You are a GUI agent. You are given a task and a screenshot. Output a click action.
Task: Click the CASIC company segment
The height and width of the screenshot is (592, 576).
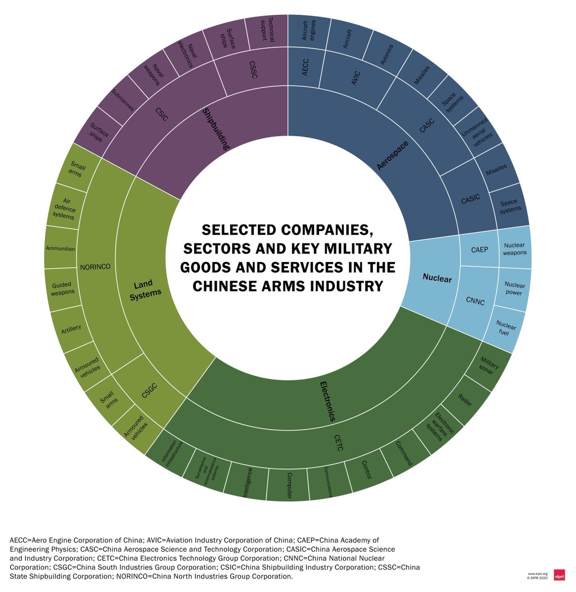pyautogui.click(x=470, y=200)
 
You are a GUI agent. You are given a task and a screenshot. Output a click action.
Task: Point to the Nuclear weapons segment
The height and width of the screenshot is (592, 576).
pyautogui.click(x=514, y=249)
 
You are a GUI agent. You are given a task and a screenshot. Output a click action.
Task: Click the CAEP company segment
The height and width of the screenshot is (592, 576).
pyautogui.click(x=479, y=250)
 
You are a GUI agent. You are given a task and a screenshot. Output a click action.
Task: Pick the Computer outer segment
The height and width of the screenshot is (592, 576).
pyautogui.click(x=288, y=485)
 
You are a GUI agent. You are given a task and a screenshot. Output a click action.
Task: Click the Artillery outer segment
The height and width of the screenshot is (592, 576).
pyautogui.click(x=72, y=329)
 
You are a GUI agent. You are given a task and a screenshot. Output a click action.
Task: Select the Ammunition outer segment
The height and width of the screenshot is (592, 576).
pyautogui.click(x=60, y=249)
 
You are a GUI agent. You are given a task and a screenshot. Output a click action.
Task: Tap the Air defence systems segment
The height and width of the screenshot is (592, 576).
pyautogui.click(x=64, y=208)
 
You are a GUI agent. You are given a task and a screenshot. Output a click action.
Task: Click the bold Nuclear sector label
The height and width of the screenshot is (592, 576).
pyautogui.click(x=437, y=279)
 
